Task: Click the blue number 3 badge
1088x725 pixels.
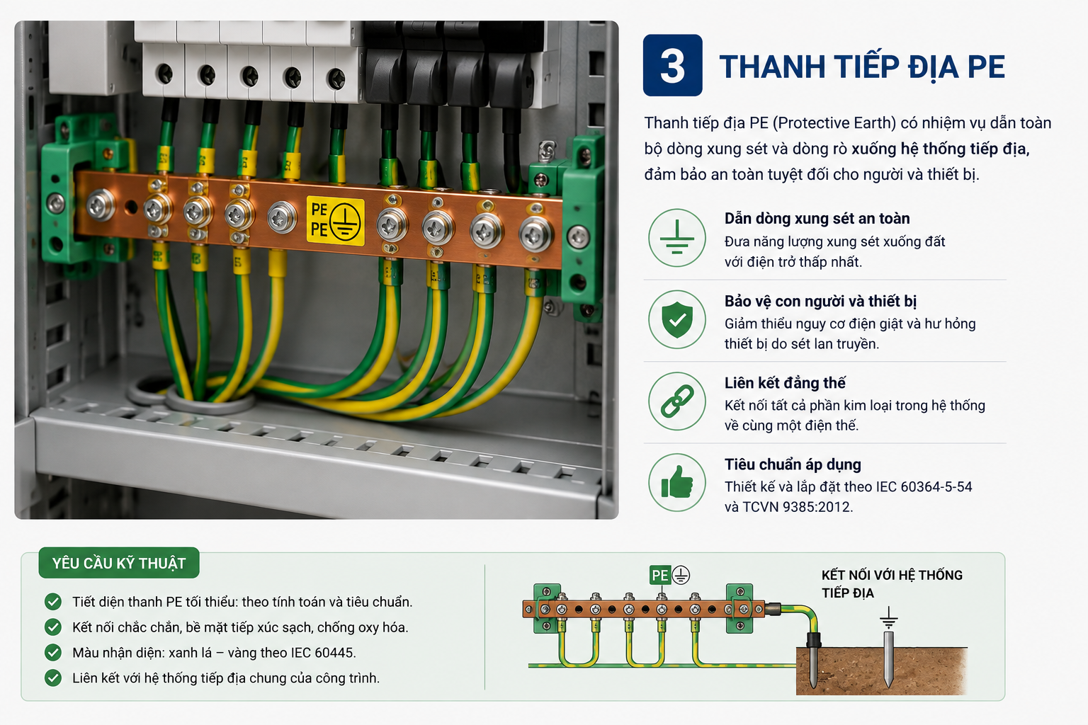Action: click(672, 65)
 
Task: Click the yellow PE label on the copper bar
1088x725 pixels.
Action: click(335, 221)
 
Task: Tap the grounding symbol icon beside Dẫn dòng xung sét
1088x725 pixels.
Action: click(676, 238)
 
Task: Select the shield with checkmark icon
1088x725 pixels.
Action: click(676, 319)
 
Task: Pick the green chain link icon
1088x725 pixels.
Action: click(676, 401)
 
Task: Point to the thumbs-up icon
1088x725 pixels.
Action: click(676, 482)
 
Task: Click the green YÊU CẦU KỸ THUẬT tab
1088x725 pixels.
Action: click(119, 563)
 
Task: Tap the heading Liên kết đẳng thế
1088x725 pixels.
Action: click(785, 383)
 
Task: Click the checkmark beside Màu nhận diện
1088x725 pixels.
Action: click(53, 652)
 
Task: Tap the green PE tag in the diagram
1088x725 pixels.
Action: click(660, 576)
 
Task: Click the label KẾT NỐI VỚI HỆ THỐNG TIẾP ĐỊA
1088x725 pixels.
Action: click(892, 583)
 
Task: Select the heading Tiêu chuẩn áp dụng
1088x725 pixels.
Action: click(793, 464)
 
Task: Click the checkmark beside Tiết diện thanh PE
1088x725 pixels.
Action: click(53, 602)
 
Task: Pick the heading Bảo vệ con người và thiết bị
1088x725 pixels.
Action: click(820, 302)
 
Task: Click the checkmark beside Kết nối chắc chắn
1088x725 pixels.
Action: click(53, 627)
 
